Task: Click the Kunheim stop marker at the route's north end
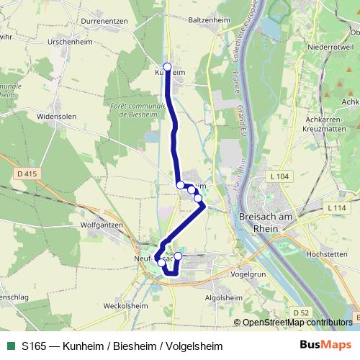tap(168, 67)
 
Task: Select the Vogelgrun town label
tap(248, 274)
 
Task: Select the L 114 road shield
tap(336, 208)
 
